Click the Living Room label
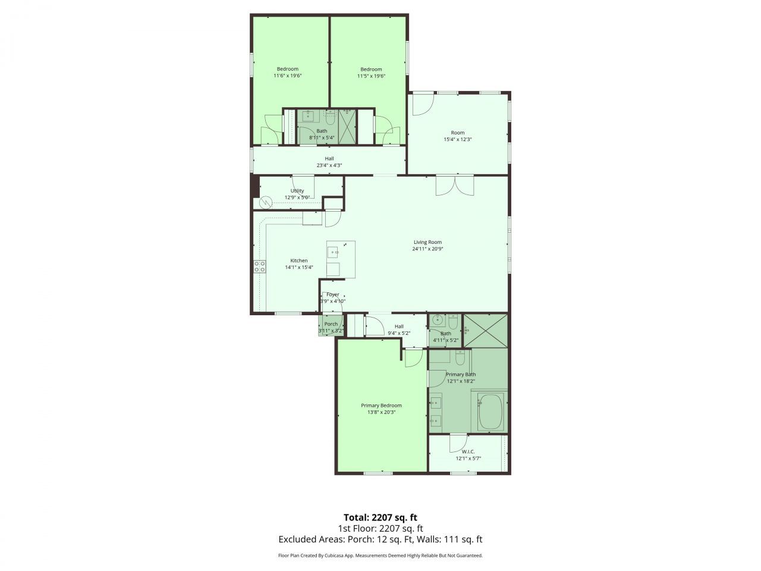click(x=427, y=242)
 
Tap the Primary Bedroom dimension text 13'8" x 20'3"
click(x=381, y=412)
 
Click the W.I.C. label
click(x=468, y=451)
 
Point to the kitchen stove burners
click(x=260, y=266)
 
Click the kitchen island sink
click(x=334, y=252)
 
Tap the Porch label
click(x=331, y=324)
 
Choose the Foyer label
click(x=333, y=294)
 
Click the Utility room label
click(x=297, y=191)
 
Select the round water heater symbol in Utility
click(x=266, y=202)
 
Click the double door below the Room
click(x=455, y=186)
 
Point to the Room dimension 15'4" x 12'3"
click(x=457, y=140)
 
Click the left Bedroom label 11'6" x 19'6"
click(x=288, y=76)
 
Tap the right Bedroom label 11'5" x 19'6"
click(x=371, y=76)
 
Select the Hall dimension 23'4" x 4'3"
click(x=329, y=165)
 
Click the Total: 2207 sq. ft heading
click(x=380, y=517)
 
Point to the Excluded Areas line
click(x=380, y=539)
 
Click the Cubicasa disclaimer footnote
click(x=380, y=556)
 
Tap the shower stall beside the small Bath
click(x=486, y=330)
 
